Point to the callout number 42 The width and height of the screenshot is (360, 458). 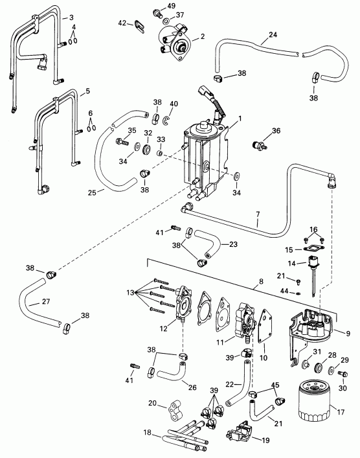coord(122,23)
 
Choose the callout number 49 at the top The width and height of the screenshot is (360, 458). coord(171,6)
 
